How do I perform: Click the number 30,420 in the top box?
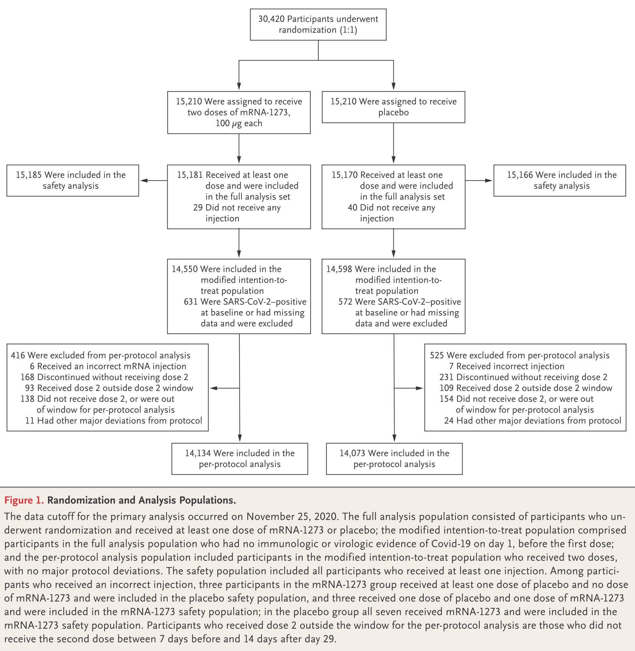tap(271, 19)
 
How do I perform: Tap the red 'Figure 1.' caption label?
tap(24, 500)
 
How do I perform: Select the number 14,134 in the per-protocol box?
tap(198, 453)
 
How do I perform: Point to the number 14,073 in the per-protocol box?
tap(353, 453)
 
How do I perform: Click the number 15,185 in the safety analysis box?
tap(29, 175)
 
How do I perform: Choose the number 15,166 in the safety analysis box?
tap(520, 175)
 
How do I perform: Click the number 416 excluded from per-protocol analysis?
tap(18, 355)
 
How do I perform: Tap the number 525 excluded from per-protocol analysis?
tap(437, 355)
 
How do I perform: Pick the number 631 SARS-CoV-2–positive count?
tap(191, 302)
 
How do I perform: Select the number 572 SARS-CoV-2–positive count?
tap(345, 302)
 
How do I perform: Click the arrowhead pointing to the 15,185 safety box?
tap(144, 180)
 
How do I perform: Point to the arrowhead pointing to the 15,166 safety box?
tap(488, 180)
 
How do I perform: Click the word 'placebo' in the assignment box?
tap(394, 113)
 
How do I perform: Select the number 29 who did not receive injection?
tap(198, 208)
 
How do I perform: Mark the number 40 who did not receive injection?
tap(353, 208)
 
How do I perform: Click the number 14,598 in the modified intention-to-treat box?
tap(339, 269)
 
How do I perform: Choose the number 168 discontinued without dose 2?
tap(28, 377)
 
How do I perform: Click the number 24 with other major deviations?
tap(449, 420)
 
